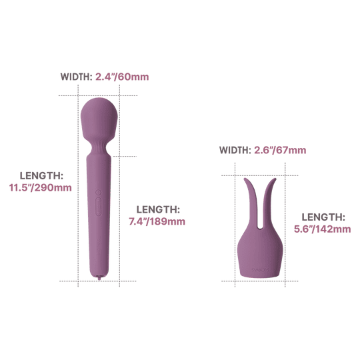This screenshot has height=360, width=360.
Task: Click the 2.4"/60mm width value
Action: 122,77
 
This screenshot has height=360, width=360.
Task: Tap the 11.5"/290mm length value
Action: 41,187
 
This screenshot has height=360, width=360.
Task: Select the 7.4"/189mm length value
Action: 157,221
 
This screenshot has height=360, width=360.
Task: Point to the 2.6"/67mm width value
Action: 280,150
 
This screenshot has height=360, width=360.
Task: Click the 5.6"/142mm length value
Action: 323,229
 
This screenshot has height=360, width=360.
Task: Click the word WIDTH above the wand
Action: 77,77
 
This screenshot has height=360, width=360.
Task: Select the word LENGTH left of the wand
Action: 41,176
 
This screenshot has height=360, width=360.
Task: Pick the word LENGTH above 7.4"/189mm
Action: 158,209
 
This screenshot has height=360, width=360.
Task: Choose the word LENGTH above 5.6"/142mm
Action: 323,217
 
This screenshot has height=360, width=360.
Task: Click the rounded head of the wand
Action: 99,118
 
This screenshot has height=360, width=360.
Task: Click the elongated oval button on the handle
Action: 99,207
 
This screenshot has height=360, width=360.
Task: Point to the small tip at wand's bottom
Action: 99,277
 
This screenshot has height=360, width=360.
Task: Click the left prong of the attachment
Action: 251,202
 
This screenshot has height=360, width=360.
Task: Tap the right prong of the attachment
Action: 269,202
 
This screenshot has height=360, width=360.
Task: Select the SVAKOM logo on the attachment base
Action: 260,270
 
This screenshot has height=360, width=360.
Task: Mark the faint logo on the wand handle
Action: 99,247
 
